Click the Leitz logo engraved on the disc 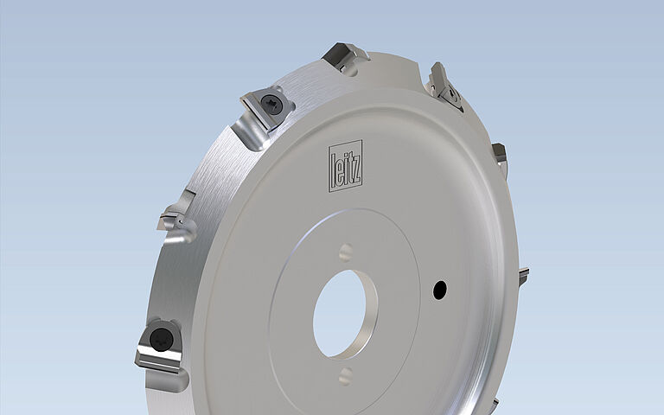click(x=345, y=163)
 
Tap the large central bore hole click(x=343, y=313)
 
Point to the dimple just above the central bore click(x=346, y=252)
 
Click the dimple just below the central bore click(x=345, y=375)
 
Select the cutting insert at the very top click(x=346, y=57)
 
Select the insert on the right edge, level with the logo click(x=500, y=157)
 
